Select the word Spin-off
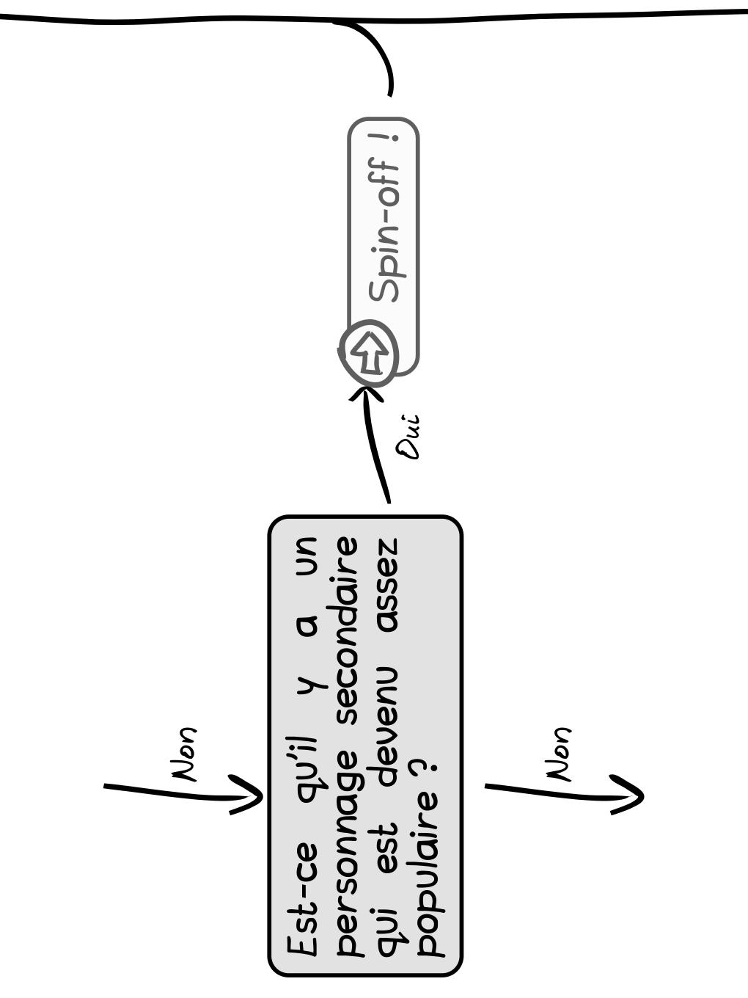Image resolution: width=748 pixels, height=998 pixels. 384,231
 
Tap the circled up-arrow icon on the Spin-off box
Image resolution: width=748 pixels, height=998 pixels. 369,353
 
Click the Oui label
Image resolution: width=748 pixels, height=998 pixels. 408,437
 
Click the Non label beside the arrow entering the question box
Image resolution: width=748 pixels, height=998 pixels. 183,755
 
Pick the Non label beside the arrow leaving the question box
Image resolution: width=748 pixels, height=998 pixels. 558,755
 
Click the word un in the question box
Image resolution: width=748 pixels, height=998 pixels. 307,556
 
